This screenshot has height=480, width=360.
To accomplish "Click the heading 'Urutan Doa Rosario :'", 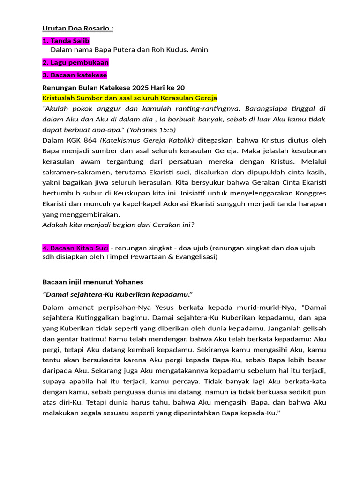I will (78, 28).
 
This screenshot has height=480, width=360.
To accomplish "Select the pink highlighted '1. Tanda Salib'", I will (66, 41).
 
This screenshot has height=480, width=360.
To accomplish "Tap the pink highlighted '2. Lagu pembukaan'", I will (75, 62).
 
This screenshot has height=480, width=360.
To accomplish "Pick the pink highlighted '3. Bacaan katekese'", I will (75, 75).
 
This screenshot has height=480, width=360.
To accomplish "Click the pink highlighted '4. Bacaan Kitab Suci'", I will (75, 247).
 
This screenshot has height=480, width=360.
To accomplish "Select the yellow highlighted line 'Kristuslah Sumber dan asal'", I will (129, 97).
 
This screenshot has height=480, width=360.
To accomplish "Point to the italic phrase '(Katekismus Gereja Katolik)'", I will (149, 140).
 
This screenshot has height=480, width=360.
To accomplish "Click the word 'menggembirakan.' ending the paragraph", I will (87, 214).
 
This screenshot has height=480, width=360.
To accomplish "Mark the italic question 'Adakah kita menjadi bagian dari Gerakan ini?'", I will (118, 225).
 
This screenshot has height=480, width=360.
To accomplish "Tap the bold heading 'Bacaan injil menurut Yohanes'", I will (93, 282).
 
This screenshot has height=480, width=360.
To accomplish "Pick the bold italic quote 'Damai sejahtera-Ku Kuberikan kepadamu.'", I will (118, 294).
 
